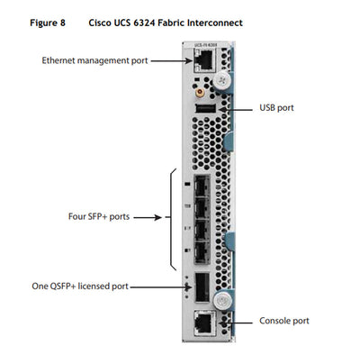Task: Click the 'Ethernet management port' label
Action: click(x=94, y=61)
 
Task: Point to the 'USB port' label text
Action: click(x=277, y=107)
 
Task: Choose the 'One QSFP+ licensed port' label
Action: click(x=78, y=287)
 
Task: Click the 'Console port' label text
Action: click(x=283, y=321)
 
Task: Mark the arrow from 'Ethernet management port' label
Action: click(x=167, y=61)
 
